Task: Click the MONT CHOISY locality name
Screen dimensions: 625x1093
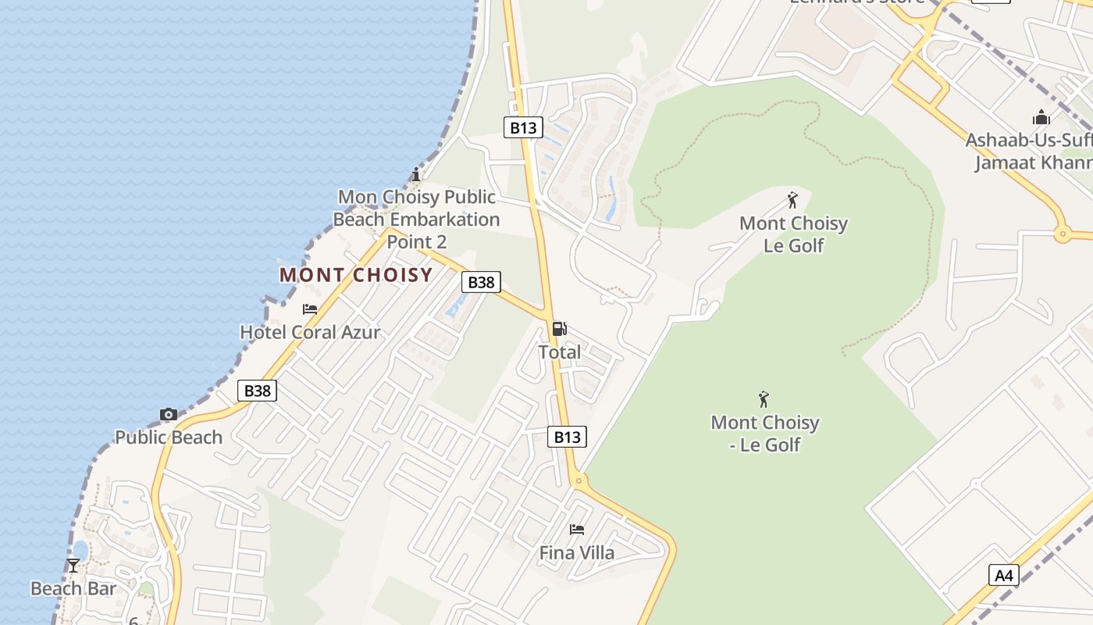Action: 356,275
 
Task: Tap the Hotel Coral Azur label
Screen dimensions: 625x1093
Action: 310,332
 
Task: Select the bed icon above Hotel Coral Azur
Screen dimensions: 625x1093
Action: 310,309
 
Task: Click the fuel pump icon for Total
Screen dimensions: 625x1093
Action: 560,329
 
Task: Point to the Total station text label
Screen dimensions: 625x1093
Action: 560,352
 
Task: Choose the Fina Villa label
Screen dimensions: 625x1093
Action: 577,553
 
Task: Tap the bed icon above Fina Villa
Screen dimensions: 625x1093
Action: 577,530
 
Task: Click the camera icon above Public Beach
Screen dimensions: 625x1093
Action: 169,414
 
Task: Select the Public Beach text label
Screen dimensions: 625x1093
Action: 169,437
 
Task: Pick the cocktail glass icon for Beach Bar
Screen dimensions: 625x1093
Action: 73,565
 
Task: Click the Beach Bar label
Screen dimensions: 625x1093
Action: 73,588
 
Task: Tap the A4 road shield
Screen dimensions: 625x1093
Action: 1004,576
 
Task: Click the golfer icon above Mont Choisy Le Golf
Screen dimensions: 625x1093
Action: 793,200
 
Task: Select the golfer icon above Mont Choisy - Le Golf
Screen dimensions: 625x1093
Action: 764,399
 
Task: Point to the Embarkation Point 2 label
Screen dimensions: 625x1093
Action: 416,220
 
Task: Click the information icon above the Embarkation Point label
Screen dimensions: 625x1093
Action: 416,173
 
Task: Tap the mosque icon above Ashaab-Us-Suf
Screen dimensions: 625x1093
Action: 1041,118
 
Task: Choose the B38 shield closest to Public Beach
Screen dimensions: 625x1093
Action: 257,391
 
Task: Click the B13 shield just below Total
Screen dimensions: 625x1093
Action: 567,437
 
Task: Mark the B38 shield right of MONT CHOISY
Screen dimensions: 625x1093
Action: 481,282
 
